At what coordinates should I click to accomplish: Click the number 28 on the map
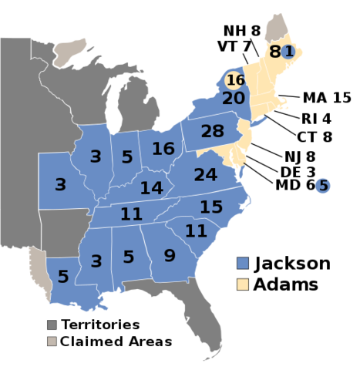coord(212,132)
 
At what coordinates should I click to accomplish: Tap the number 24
coord(205,176)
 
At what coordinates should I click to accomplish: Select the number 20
coord(234,99)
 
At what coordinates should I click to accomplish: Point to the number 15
coord(210,207)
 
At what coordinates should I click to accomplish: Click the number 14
coord(151,188)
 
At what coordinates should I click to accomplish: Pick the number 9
coord(170,255)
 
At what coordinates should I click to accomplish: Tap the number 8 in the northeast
coord(274,52)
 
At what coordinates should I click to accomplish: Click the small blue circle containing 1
coord(288,52)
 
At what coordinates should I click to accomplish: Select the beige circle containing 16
coord(235,80)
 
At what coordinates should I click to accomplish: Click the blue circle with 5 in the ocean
coord(323,186)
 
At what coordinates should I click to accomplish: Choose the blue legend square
coord(243,263)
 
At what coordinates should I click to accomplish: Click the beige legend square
coord(243,284)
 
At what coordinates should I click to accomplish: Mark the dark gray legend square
coord(52,325)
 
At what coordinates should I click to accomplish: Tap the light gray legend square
coord(52,341)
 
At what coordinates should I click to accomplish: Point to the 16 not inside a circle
coord(163,149)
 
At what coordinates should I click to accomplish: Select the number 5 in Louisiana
coord(62,277)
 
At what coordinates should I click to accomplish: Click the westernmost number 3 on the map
coord(60,185)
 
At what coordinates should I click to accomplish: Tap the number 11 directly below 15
coord(196,230)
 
